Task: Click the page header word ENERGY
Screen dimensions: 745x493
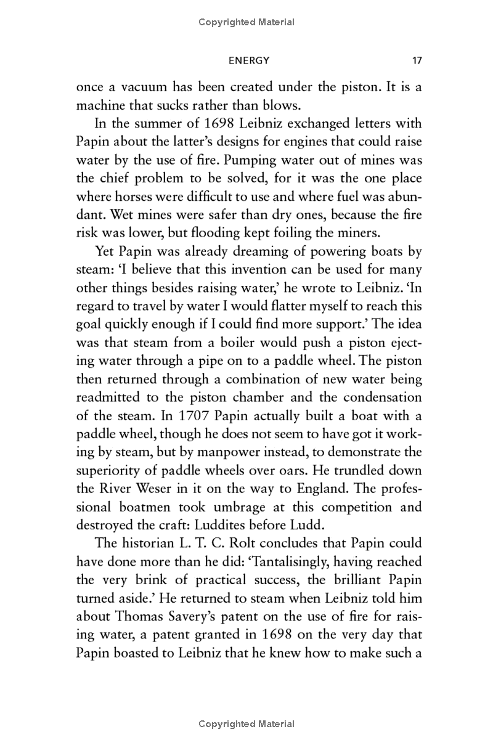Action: pyautogui.click(x=249, y=60)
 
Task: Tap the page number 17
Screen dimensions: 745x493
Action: pyautogui.click(x=416, y=60)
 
